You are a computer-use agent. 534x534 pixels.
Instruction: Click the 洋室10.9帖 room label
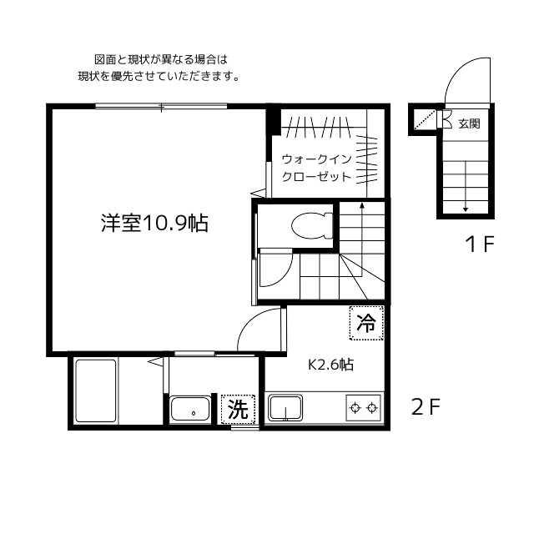click(155, 223)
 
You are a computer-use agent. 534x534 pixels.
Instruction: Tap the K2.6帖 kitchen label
click(331, 365)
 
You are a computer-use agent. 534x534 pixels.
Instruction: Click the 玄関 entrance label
click(469, 123)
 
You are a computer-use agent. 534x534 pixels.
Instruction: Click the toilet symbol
click(308, 225)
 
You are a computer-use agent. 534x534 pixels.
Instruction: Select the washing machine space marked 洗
click(239, 410)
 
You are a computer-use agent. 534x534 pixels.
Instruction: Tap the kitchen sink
click(286, 409)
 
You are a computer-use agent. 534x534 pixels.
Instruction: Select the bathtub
click(94, 392)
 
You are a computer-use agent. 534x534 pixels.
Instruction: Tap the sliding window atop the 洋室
click(161, 106)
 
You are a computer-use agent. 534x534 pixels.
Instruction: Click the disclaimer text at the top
click(159, 68)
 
